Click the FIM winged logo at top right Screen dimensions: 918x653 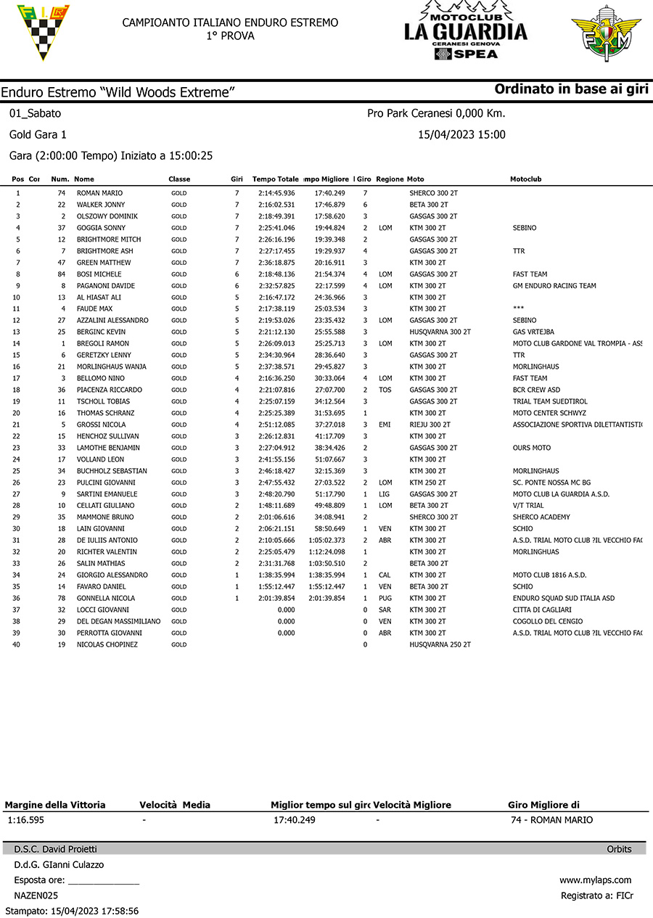coord(606,33)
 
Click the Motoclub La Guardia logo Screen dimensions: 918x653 coord(466,30)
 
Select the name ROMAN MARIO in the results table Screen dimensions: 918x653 coord(99,193)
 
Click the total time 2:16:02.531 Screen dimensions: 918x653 coord(276,205)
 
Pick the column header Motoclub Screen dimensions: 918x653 coord(525,179)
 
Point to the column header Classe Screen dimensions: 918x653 coord(179,179)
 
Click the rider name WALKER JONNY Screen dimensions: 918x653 coord(101,205)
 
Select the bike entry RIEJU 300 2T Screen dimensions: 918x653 coord(430,425)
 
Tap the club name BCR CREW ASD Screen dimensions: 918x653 coord(536,390)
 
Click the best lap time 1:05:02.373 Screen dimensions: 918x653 coord(326,540)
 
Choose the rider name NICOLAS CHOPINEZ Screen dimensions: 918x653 coord(107,644)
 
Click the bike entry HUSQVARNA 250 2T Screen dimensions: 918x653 coord(440,644)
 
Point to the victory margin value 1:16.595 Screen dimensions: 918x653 coord(25,820)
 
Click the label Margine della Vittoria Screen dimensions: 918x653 coord(55,805)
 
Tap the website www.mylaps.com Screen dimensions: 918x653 coord(595,880)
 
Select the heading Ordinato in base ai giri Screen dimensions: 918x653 coord(571,89)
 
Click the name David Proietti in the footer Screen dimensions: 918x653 coord(69,849)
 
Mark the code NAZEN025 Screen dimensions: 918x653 coord(36,896)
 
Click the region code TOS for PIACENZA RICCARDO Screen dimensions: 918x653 coord(385,390)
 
